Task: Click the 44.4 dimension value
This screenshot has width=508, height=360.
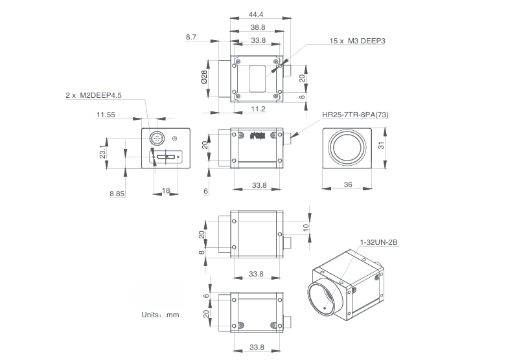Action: point(257,14)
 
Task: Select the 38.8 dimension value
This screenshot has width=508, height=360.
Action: point(257,27)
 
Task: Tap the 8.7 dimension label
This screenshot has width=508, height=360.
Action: point(191,38)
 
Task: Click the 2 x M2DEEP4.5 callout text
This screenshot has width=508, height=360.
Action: point(93,95)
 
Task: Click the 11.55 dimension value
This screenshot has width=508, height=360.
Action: point(105,115)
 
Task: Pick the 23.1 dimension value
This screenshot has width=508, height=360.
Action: point(104,152)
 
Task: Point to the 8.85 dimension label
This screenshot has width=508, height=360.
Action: point(117,194)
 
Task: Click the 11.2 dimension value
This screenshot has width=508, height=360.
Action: point(258,109)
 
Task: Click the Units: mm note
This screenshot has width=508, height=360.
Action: point(160,315)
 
